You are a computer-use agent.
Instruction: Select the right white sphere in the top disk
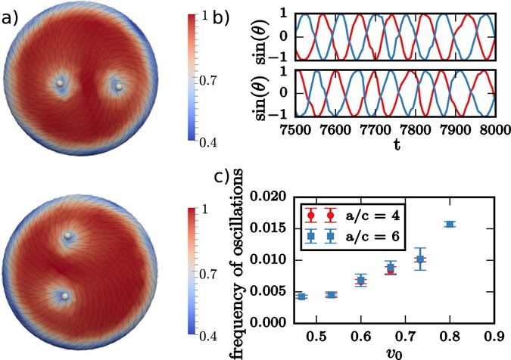[118, 87]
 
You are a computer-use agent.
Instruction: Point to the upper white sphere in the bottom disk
[69, 237]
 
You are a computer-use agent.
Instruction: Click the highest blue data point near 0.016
[450, 224]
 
